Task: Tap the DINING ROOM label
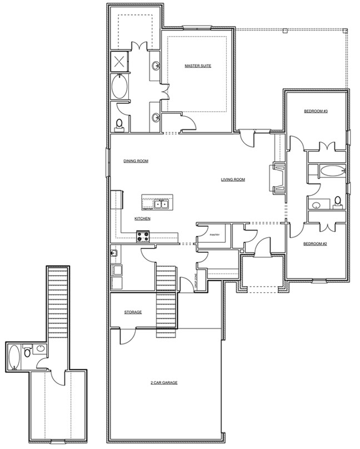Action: [136, 161]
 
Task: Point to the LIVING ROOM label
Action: [233, 179]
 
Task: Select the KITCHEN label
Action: [143, 218]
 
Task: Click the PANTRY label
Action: [215, 235]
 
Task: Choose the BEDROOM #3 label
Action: [316, 111]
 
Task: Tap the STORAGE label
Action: [133, 312]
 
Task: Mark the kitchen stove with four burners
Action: [143, 236]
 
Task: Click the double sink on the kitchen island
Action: [162, 204]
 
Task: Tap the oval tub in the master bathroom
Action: [119, 87]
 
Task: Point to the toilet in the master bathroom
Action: [119, 123]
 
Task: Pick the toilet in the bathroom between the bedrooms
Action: [337, 201]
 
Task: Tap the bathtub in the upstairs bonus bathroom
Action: [13, 357]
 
